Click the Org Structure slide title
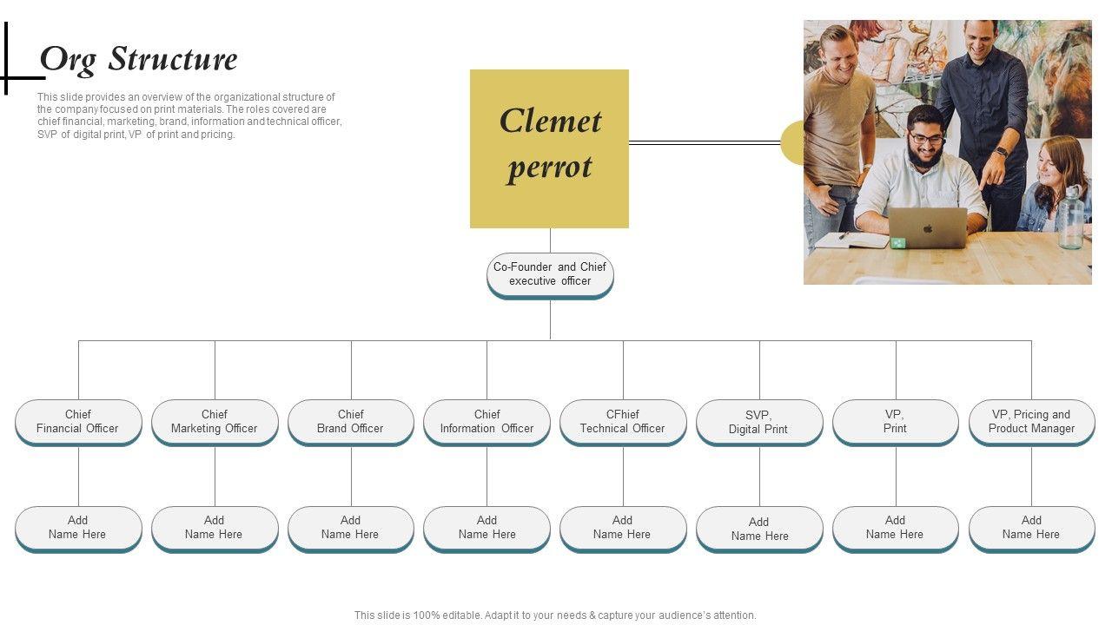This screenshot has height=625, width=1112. [x=139, y=60]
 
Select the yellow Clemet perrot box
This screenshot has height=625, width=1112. [x=549, y=148]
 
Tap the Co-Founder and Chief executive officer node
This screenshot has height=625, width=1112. [x=550, y=274]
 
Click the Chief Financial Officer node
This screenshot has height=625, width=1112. [x=78, y=422]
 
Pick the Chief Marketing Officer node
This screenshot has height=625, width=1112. [x=215, y=422]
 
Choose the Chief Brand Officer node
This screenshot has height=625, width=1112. [x=351, y=422]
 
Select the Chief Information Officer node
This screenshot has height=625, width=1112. [x=486, y=422]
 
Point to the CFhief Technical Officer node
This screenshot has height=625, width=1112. [x=623, y=422]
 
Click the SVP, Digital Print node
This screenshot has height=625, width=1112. [x=759, y=423]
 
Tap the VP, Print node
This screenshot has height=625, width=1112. [x=895, y=422]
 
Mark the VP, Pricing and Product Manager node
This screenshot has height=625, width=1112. [x=1031, y=422]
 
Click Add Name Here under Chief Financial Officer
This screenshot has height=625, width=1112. [x=78, y=528]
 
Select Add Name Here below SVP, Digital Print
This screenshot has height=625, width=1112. [x=759, y=530]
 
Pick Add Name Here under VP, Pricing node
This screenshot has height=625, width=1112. [x=1031, y=528]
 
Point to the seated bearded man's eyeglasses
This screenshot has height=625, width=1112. [x=927, y=139]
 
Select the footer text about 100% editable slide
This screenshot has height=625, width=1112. [x=555, y=615]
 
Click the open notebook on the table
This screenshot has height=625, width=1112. [x=851, y=240]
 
